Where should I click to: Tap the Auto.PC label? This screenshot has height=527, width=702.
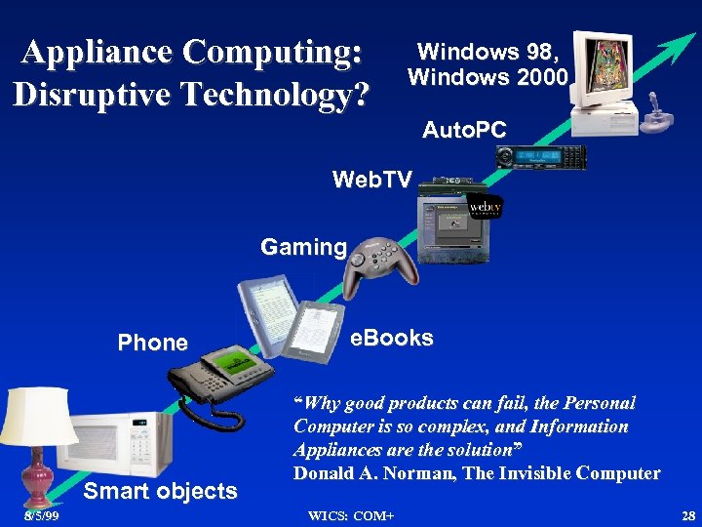[463, 129]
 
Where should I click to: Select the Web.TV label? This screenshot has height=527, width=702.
[371, 180]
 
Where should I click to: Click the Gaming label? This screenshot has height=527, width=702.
[303, 247]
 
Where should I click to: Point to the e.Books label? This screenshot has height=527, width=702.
[392, 338]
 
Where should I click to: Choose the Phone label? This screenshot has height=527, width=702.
[152, 343]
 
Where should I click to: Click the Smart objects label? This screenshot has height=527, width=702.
[160, 491]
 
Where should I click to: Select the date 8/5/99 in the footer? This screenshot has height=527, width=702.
[41, 515]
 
